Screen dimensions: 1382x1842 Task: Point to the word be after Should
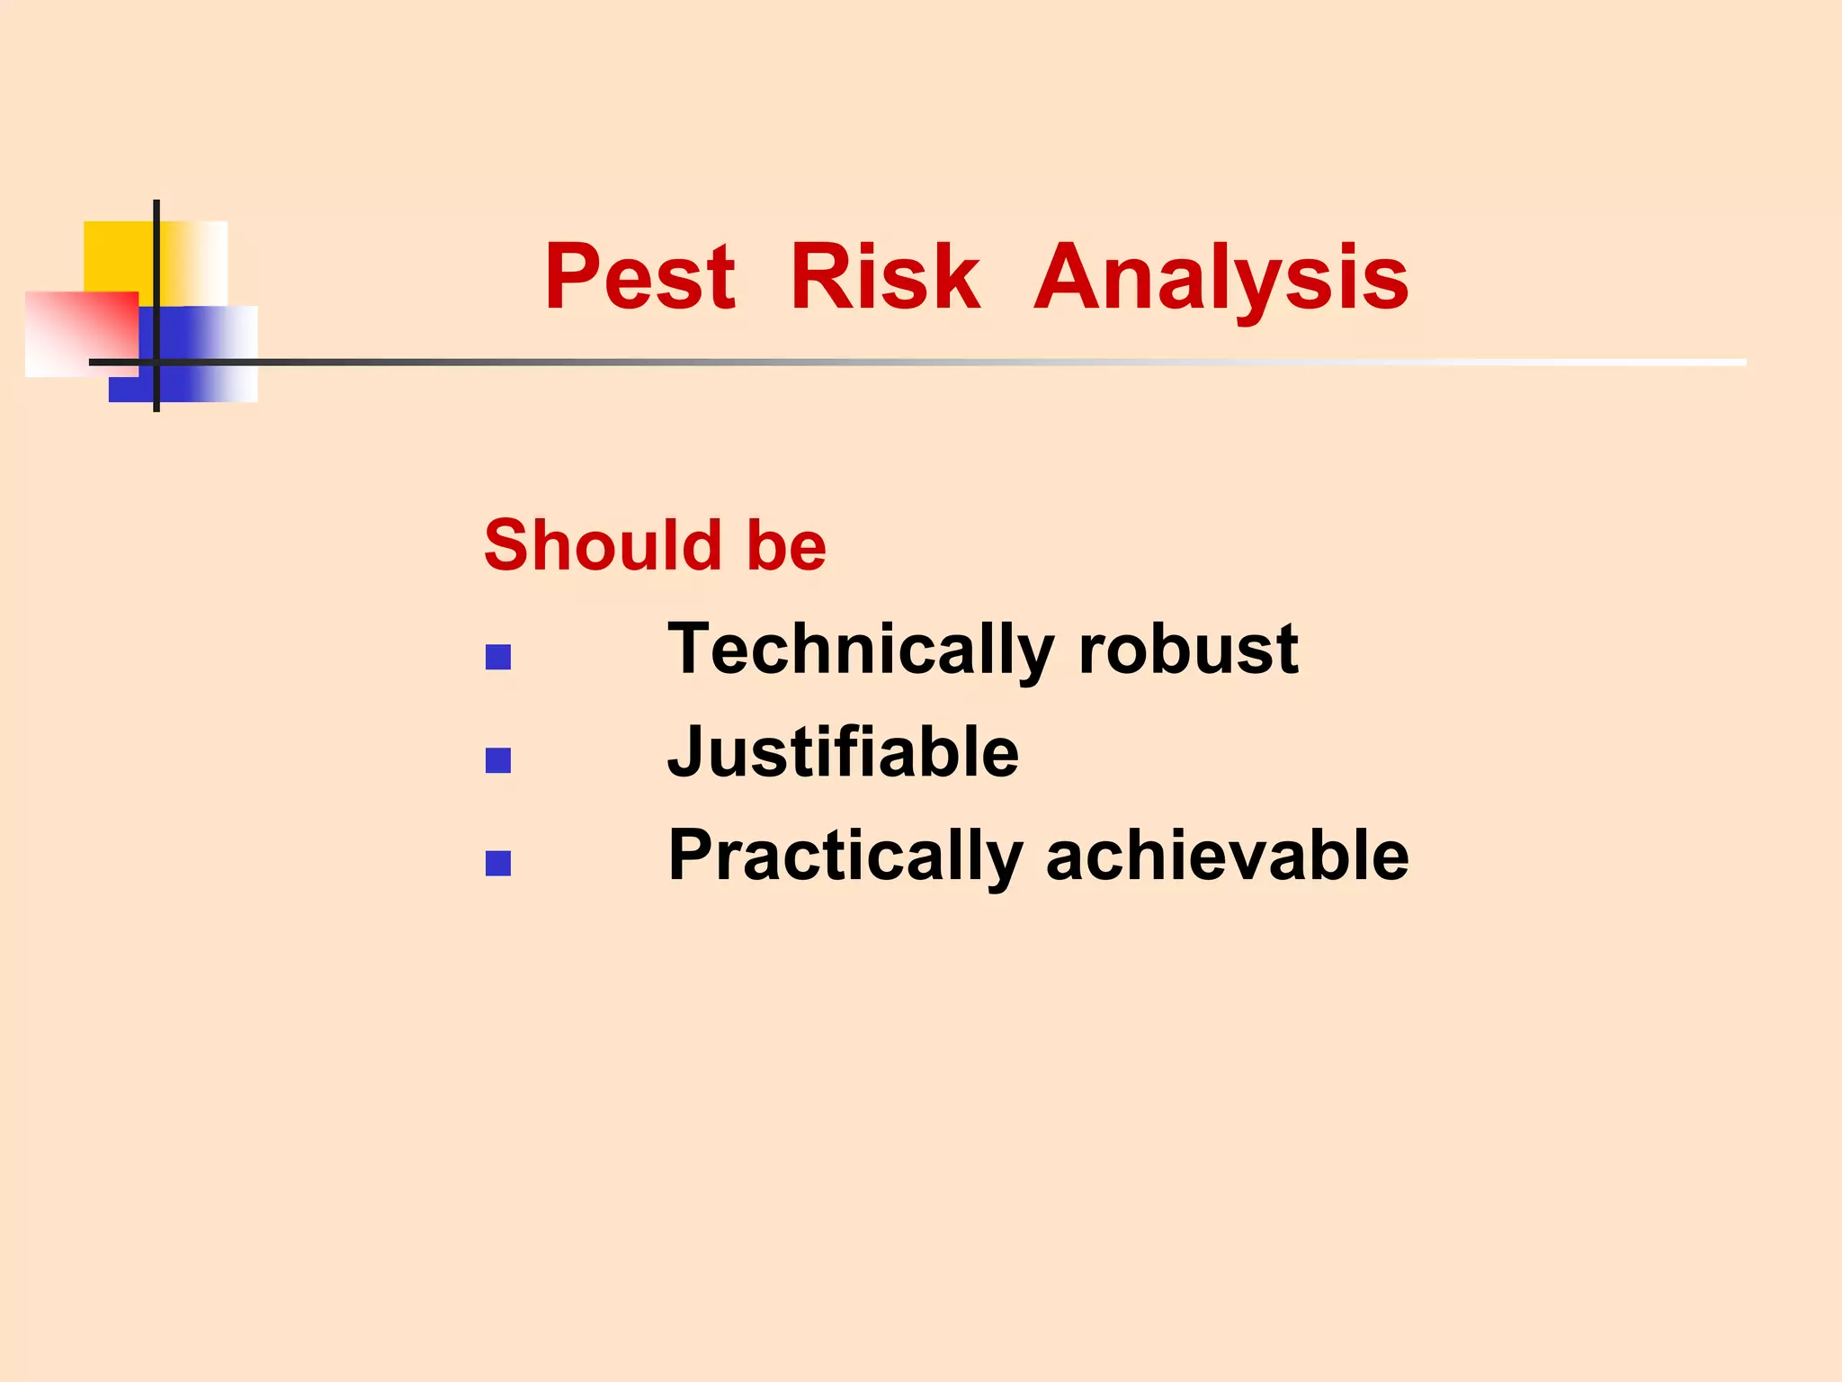click(786, 545)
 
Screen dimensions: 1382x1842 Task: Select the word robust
click(1188, 650)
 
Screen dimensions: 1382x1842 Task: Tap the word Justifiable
click(843, 752)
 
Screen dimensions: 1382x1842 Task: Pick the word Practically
click(845, 857)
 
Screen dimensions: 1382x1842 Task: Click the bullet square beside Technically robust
click(498, 658)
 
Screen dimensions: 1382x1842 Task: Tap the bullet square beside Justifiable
click(498, 761)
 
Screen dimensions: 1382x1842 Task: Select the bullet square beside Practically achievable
click(498, 864)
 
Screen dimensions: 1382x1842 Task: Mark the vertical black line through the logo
click(156, 270)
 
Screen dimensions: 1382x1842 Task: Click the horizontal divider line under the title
click(899, 362)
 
